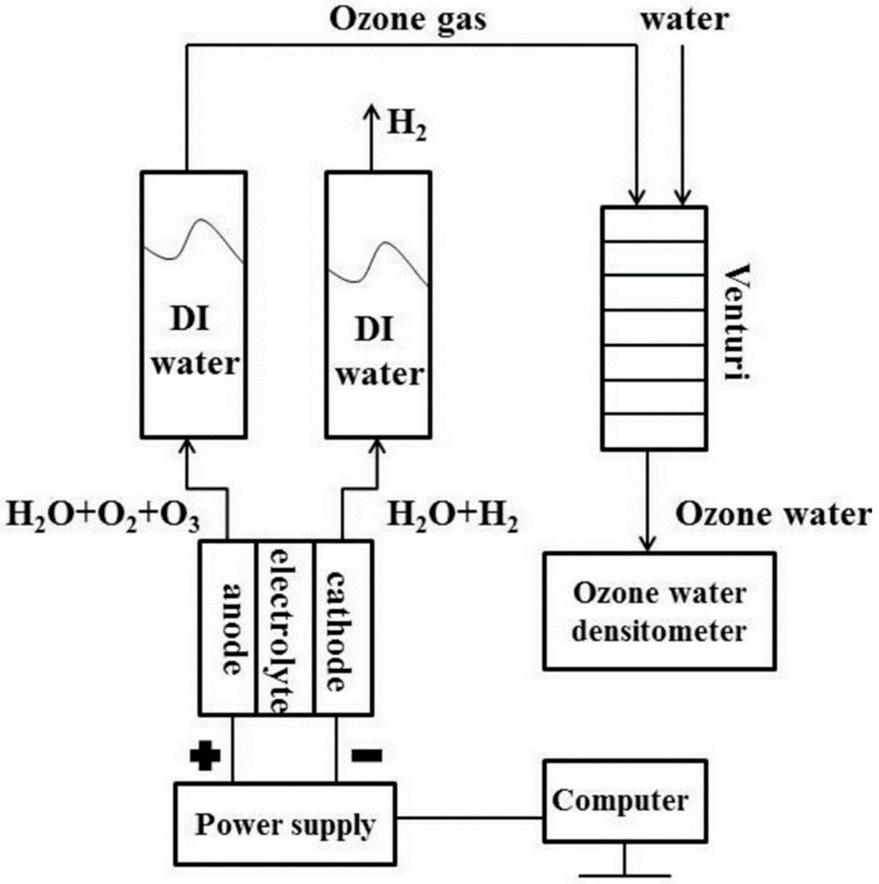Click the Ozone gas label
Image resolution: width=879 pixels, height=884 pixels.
pyautogui.click(x=408, y=21)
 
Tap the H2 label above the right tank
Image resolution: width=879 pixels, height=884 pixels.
pyautogui.click(x=407, y=127)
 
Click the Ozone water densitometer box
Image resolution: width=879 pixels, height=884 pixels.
pyautogui.click(x=659, y=612)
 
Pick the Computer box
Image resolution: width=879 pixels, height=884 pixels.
pyautogui.click(x=624, y=801)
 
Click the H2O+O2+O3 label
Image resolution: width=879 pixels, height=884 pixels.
pyautogui.click(x=103, y=516)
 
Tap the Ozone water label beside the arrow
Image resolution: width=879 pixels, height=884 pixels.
pyautogui.click(x=772, y=514)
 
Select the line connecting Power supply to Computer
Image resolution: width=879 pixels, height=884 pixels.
pyautogui.click(x=469, y=818)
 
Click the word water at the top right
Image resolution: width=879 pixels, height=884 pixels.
pyautogui.click(x=685, y=21)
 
